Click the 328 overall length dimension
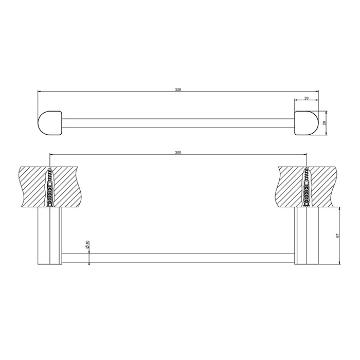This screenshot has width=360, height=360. pyautogui.click(x=178, y=89)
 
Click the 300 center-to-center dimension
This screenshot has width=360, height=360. pyautogui.click(x=178, y=152)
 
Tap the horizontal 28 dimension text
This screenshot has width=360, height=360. pyautogui.click(x=306, y=97)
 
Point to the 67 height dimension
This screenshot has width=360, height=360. pyautogui.click(x=338, y=236)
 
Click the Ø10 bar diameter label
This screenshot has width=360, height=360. pyautogui.click(x=88, y=245)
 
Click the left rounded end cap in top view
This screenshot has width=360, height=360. pyautogui.click(x=50, y=122)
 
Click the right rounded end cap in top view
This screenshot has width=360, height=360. pyautogui.click(x=307, y=122)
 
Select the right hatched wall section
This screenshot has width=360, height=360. pyautogui.click(x=324, y=186)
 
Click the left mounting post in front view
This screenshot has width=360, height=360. pyautogui.click(x=50, y=237)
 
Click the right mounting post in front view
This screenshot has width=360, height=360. pyautogui.click(x=307, y=237)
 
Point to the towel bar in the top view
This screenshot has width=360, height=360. pyautogui.click(x=178, y=122)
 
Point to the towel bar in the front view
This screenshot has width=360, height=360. pyautogui.click(x=178, y=257)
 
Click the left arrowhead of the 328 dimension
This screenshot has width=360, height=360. pyautogui.click(x=40, y=92)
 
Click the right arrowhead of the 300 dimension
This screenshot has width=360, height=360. pyautogui.click(x=305, y=154)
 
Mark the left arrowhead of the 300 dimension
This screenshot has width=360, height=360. pyautogui.click(x=51, y=154)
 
